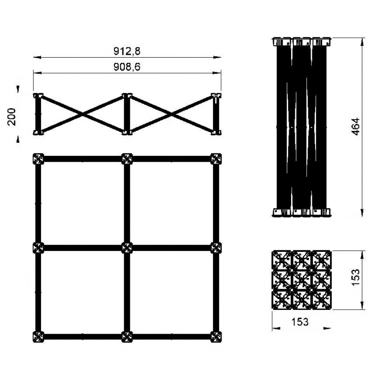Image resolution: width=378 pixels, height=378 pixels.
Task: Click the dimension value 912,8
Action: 127,51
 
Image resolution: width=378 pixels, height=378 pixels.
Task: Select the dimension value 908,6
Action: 127,67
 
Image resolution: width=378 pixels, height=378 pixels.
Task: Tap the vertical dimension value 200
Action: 11,117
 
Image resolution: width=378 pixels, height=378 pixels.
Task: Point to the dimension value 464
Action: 356,127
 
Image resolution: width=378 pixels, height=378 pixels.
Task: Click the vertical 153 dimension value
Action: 356,277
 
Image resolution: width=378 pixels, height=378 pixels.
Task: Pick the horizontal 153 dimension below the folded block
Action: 300,322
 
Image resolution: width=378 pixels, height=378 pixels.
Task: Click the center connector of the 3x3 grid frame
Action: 127,248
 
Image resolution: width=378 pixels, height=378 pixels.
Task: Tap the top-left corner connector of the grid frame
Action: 38,159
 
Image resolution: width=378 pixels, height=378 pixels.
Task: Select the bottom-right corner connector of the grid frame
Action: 216,337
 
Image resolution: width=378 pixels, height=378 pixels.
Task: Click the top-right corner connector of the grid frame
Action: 216,159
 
